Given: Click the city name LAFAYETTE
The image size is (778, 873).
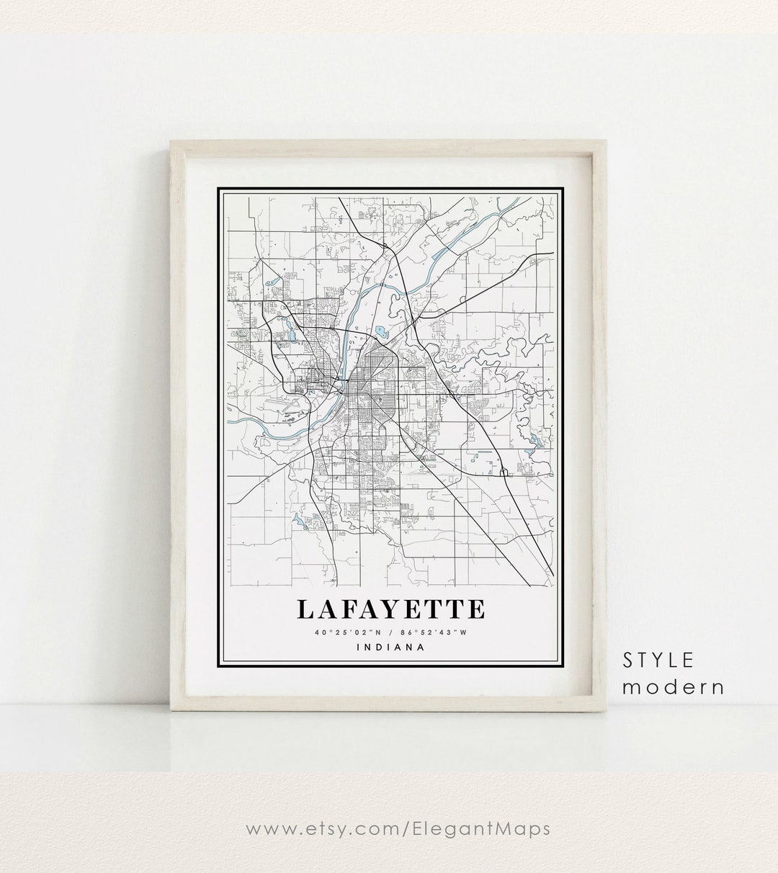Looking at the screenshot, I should coord(390,609).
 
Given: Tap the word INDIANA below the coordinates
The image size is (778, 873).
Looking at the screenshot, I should coord(390,647).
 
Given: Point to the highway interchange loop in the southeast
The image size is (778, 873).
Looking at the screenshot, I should coord(504,472).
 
